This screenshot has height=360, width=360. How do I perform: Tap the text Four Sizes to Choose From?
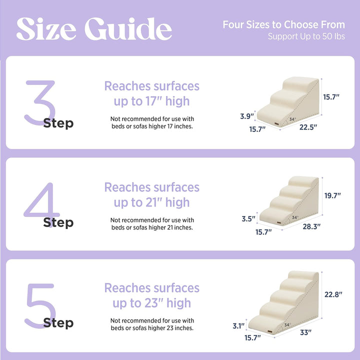tap(283, 24)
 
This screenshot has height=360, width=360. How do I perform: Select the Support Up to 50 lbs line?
tap(306, 36)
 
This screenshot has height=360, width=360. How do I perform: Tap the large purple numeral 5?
tap(39, 305)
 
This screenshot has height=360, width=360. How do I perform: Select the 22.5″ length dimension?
tap(308, 127)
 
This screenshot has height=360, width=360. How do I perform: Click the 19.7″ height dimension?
tap(333, 196)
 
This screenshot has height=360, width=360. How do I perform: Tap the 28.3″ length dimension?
tap(311, 226)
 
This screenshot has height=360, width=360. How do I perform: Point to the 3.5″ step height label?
tap(248, 218)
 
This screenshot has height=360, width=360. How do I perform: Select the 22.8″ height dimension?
tap(333, 294)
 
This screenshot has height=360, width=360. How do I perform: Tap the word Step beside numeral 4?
tap(58, 222)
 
